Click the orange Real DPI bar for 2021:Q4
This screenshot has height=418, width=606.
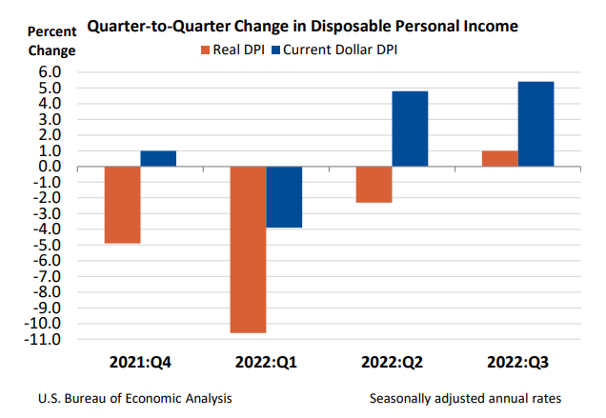tap(122, 205)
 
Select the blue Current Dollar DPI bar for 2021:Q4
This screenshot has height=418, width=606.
tap(158, 158)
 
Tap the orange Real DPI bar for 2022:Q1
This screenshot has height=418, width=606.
tap(247, 249)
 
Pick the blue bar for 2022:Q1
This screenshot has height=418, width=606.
tap(284, 197)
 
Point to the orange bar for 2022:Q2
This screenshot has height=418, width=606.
tap(373, 185)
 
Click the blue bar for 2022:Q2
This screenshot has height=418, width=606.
tap(409, 129)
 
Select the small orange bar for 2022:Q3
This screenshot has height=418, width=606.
tap(499, 158)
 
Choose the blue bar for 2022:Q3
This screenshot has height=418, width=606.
tap(535, 124)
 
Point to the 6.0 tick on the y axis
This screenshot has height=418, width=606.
tap(49, 72)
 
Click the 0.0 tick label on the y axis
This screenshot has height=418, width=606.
tap(49, 167)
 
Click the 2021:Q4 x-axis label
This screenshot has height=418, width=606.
tap(141, 362)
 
